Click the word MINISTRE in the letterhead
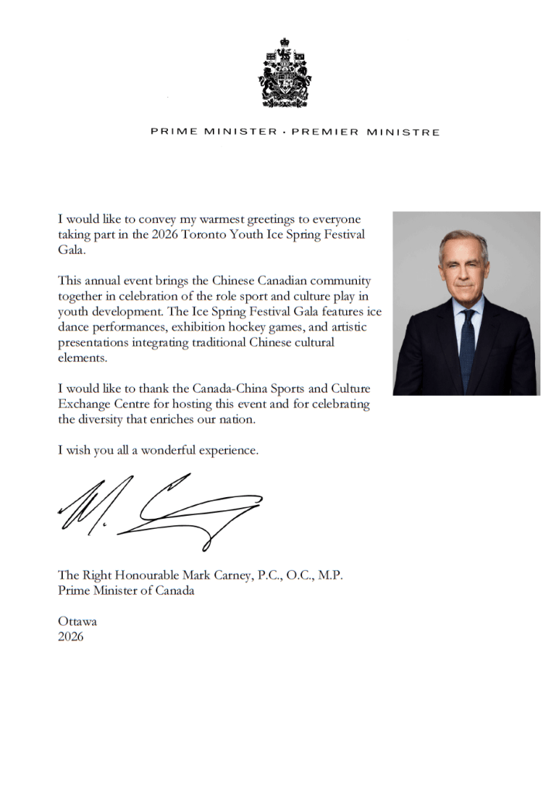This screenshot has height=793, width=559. pyautogui.click(x=404, y=132)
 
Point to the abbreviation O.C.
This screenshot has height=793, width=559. pyautogui.click(x=297, y=575)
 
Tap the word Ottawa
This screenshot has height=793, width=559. pyautogui.click(x=77, y=621)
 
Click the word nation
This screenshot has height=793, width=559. pyautogui.click(x=255, y=420)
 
